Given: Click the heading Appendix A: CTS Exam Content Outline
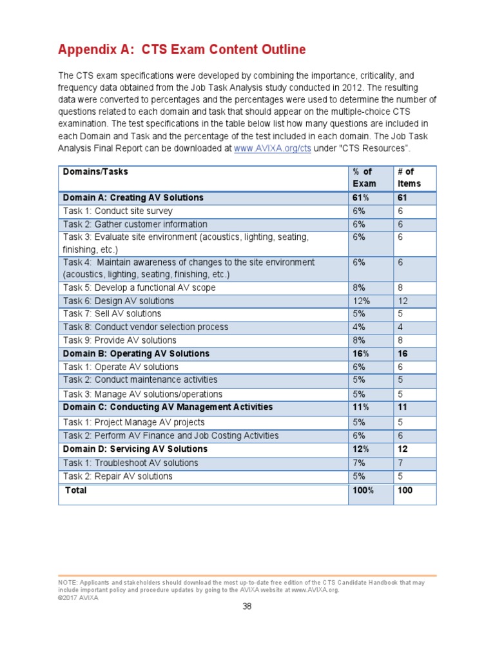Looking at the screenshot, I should click(x=182, y=50).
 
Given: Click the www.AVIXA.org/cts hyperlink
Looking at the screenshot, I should click(x=264, y=149).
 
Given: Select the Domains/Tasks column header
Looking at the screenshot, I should click(x=95, y=171).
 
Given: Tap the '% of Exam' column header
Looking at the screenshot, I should click(x=364, y=177).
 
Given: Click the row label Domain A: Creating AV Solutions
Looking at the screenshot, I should click(x=133, y=197).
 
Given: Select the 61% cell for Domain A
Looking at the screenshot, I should click(x=361, y=197).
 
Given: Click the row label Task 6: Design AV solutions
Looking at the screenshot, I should click(x=119, y=301).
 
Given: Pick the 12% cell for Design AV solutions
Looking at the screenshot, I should click(x=361, y=301).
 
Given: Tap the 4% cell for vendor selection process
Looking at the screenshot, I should click(x=359, y=327).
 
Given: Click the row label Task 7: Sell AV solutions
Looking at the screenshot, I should click(x=112, y=314).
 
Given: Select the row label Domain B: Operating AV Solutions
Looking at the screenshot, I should click(x=136, y=353).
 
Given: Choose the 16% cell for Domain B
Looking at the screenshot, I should click(x=361, y=354).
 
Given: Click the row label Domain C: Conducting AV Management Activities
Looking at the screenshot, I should click(x=168, y=407).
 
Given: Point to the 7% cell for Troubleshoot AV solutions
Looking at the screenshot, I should click(x=359, y=463).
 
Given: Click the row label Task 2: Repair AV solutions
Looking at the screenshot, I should click(x=117, y=476).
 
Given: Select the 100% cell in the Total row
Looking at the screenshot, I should click(x=364, y=490).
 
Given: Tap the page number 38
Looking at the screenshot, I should click(x=247, y=607).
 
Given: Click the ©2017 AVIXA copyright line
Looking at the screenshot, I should click(x=79, y=597).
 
